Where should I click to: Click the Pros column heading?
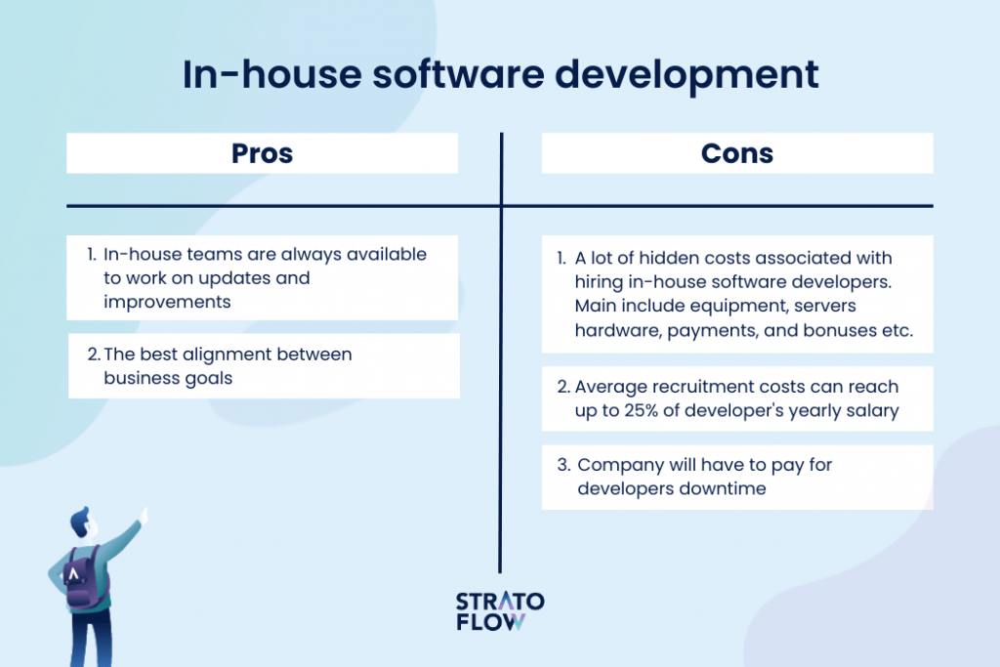point(262,153)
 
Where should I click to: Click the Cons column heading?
point(737,153)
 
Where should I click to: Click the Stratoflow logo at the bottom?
point(500,611)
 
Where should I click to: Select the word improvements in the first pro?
point(167,301)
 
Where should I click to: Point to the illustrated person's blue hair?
point(81,517)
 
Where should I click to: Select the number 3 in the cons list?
point(563,465)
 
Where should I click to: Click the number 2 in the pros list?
point(91,354)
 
